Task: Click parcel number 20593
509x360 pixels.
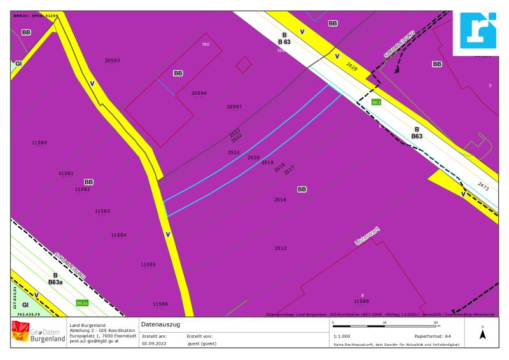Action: tap(112, 60)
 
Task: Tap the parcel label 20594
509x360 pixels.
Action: tap(199, 93)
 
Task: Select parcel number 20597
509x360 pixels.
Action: tap(234, 107)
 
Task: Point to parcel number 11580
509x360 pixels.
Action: tap(39, 142)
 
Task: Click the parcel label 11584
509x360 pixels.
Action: tap(118, 235)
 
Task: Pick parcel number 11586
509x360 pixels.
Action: tap(160, 304)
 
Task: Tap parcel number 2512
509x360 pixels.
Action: tap(281, 248)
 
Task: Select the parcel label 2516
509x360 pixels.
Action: tap(280, 200)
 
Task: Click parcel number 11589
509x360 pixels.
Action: tap(361, 300)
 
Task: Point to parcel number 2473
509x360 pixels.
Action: tap(483, 188)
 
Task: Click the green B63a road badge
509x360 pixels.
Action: tap(81, 303)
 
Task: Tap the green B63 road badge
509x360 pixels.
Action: tap(376, 102)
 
